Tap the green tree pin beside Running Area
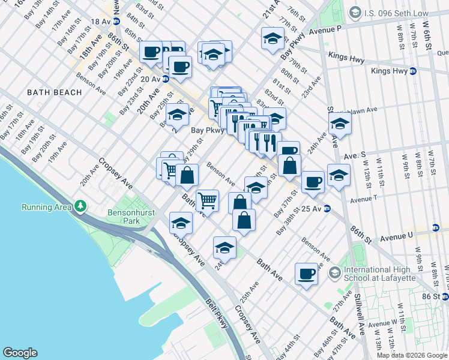click(80, 207)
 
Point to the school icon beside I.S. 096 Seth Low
click(355, 11)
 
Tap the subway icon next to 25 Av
click(327, 209)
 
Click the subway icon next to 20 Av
click(165, 79)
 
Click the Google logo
click(20, 353)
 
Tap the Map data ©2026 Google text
click(412, 355)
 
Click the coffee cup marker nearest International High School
click(306, 274)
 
